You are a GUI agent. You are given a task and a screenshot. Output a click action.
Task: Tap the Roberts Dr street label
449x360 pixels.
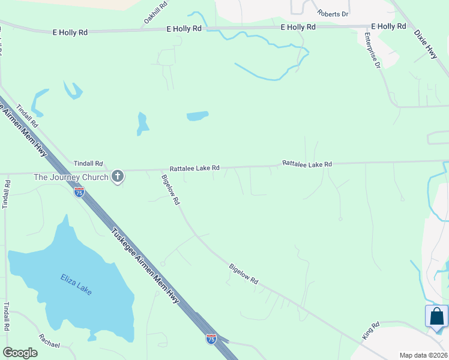tap(333, 14)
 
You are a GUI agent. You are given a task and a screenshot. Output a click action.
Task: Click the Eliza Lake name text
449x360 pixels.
tap(76, 284)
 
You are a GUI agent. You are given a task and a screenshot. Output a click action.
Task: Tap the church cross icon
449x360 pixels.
tap(118, 176)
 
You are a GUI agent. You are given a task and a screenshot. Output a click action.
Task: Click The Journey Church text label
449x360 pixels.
tap(71, 177)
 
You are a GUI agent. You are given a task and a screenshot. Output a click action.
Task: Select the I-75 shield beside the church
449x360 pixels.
tap(79, 192)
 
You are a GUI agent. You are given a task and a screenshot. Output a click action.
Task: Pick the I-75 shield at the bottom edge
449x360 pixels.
tap(211, 339)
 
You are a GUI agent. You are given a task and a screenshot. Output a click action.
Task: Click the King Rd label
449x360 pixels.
tap(372, 332)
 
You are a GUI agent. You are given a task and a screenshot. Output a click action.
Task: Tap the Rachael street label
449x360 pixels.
tap(49, 341)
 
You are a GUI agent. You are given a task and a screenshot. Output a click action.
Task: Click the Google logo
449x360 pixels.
tap(20, 353)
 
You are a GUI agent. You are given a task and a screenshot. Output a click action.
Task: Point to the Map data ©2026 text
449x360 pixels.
tap(423, 355)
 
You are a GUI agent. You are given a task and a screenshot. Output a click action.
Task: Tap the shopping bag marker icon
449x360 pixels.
tap(436, 316)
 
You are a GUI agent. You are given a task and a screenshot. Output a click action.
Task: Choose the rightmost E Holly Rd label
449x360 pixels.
tap(388, 26)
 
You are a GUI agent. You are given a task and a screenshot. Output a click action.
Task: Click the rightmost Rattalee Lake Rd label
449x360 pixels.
tap(307, 163)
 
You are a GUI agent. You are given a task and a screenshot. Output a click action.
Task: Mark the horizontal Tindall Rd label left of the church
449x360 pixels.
tap(88, 163)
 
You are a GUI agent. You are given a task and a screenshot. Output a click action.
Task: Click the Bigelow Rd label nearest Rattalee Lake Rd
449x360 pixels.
tap(170, 190)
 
